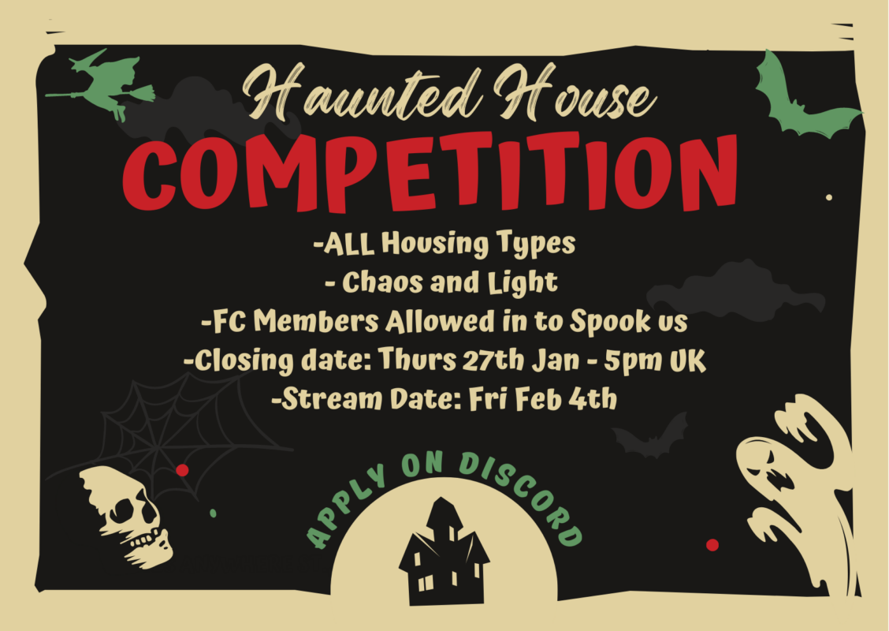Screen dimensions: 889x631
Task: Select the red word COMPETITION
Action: tap(430, 172)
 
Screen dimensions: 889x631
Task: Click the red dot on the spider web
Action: tap(182, 470)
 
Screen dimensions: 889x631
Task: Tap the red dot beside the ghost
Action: tap(712, 545)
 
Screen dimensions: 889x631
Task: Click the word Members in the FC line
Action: tap(316, 321)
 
